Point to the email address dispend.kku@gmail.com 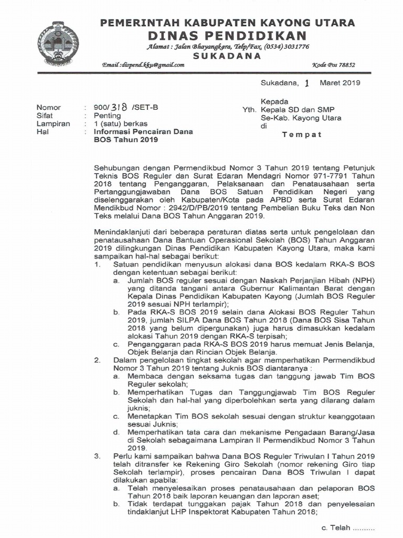pyautogui.click(x=143, y=65)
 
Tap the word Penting pyautogui.click(x=107, y=116)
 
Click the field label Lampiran pyautogui.click(x=53, y=123)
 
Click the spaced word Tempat pyautogui.click(x=302, y=134)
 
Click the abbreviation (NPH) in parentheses pyautogui.click(x=363, y=281)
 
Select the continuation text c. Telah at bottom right pyautogui.click(x=341, y=527)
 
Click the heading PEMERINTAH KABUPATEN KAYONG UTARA pyautogui.click(x=227, y=23)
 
